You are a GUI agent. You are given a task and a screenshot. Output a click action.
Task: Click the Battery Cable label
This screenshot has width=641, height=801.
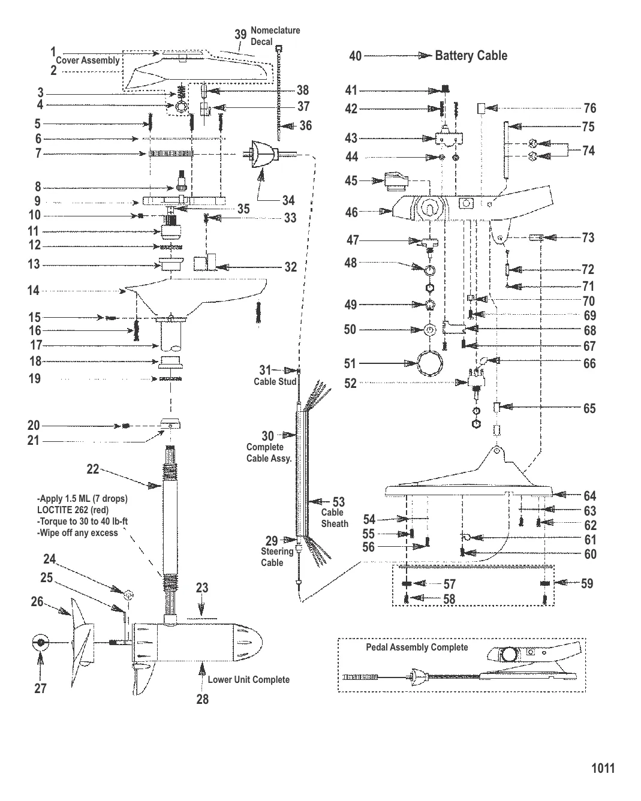471,56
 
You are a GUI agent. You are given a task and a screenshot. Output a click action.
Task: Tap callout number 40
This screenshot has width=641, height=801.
355,56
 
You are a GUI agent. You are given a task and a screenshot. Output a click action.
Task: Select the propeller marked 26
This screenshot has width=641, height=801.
81,633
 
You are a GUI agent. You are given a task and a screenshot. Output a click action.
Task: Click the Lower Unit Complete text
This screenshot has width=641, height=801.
248,679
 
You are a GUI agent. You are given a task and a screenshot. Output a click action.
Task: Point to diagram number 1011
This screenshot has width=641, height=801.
603,769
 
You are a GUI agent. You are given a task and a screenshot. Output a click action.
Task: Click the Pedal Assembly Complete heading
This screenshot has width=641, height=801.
417,648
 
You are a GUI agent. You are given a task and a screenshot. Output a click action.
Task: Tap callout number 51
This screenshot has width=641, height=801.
350,363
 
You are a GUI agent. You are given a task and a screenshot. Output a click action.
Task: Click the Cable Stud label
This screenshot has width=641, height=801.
275,381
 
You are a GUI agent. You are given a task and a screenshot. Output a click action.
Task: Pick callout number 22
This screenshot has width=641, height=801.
92,469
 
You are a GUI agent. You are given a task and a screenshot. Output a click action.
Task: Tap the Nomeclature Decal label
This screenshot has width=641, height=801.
275,35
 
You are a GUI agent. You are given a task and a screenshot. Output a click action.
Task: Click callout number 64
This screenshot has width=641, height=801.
590,496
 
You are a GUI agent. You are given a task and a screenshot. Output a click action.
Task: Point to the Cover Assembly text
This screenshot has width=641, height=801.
88,61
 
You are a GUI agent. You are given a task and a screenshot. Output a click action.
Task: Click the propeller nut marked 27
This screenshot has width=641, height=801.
40,643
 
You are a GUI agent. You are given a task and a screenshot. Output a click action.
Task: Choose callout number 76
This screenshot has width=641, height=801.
590,108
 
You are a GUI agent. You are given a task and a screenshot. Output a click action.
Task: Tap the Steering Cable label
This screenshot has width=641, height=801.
276,556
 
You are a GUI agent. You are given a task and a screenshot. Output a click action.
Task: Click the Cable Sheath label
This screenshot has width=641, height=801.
334,518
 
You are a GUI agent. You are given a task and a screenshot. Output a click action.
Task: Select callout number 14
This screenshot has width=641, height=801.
34,291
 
